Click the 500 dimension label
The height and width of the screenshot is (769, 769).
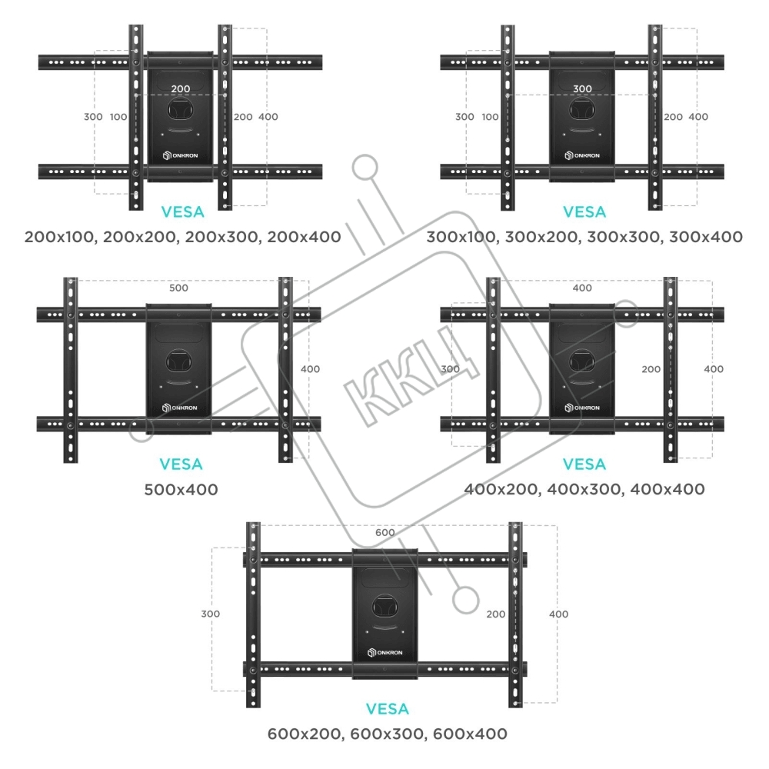pyautogui.click(x=178, y=288)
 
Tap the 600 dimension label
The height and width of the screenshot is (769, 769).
pyautogui.click(x=384, y=533)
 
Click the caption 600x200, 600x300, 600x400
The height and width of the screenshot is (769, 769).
pyautogui.click(x=387, y=734)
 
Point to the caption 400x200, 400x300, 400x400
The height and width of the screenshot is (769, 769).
pyautogui.click(x=584, y=489)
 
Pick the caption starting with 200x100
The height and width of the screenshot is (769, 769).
pyautogui.click(x=182, y=237)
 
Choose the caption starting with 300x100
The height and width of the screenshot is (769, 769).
pyautogui.click(x=584, y=237)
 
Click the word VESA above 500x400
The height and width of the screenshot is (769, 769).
pyautogui.click(x=181, y=464)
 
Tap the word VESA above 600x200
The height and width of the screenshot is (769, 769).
pyautogui.click(x=387, y=709)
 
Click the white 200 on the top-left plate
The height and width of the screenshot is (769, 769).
pyautogui.click(x=181, y=89)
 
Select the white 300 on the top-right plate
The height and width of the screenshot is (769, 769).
pyautogui.click(x=583, y=89)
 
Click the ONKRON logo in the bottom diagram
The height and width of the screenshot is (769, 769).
pyautogui.click(x=387, y=652)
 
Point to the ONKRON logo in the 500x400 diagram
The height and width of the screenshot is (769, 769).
pyautogui.click(x=181, y=408)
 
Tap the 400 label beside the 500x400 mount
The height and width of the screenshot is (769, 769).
pyautogui.click(x=310, y=369)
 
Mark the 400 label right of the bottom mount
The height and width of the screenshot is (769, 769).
pyautogui.click(x=558, y=614)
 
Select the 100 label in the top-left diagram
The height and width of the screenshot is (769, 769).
pyautogui.click(x=118, y=117)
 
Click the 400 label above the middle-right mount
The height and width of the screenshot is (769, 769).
pyautogui.click(x=583, y=288)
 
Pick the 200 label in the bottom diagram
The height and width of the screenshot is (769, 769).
pyautogui.click(x=496, y=614)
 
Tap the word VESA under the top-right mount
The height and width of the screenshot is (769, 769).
pyautogui.click(x=584, y=212)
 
